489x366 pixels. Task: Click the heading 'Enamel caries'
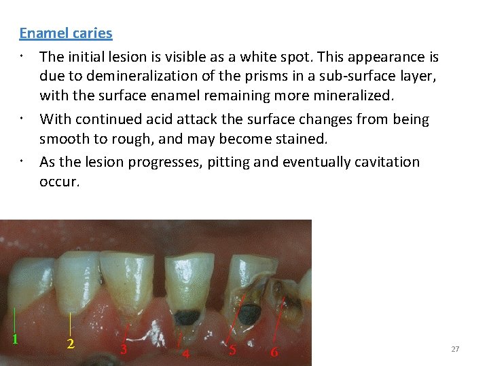65,33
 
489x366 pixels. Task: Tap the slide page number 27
455,349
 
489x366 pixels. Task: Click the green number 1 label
15,339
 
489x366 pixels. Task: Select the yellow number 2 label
71,343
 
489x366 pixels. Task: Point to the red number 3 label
123,350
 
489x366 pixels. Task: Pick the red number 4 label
185,353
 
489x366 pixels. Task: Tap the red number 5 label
232,350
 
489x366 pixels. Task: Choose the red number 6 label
274,352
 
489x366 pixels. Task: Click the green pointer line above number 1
15,319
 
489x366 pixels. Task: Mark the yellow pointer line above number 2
71,323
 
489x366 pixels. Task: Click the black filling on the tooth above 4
185,317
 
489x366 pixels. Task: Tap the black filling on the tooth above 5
249,312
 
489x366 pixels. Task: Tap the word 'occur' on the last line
58,182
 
